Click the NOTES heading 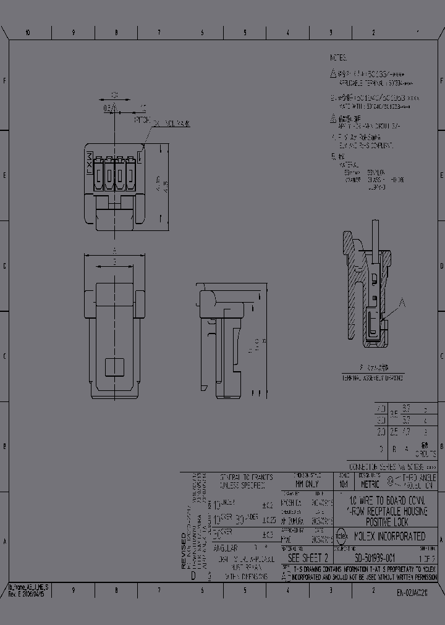(339, 57)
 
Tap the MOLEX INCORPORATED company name (389, 536)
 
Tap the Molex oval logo (341, 536)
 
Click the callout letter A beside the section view (403, 302)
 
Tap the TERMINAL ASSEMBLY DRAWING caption (373, 377)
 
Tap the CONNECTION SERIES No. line (392, 467)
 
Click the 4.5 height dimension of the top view (165, 186)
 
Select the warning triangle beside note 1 (334, 73)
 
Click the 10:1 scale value (344, 485)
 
